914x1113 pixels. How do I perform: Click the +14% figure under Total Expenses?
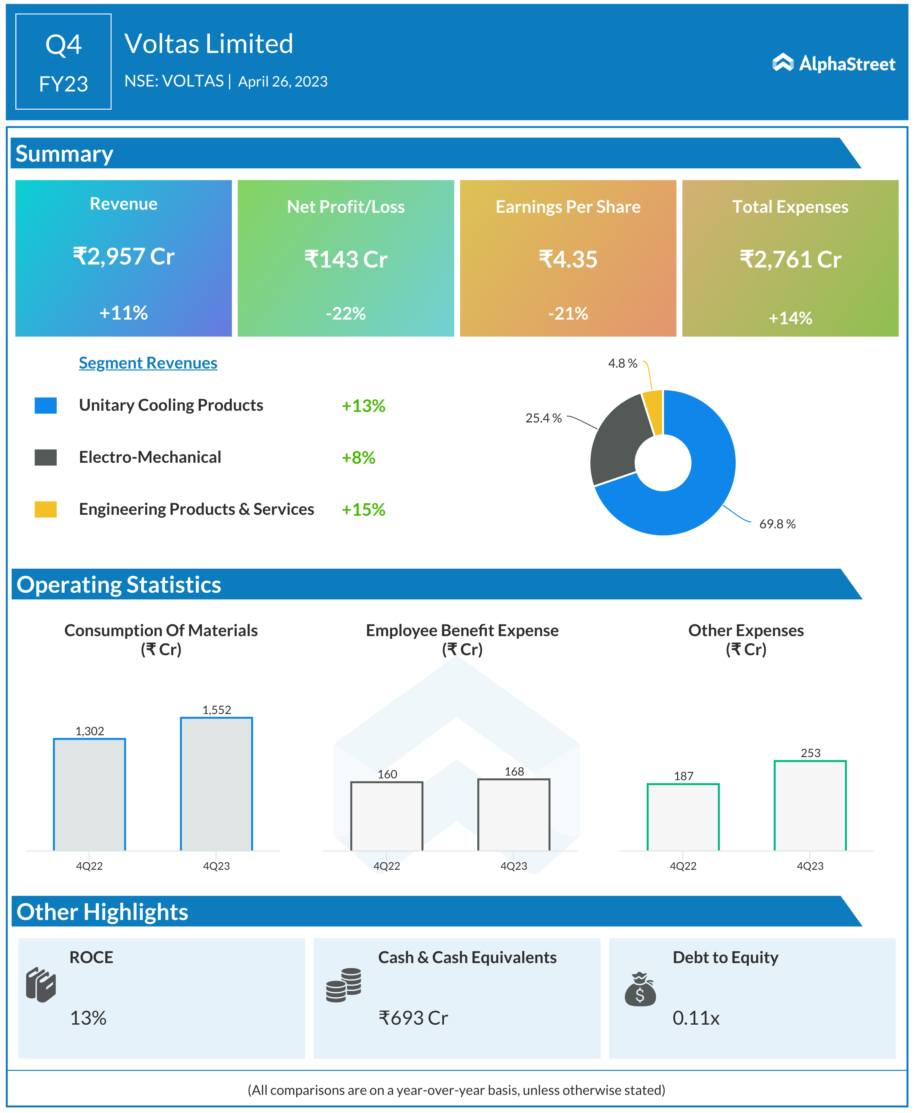(x=790, y=318)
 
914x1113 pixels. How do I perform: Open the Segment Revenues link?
(x=148, y=363)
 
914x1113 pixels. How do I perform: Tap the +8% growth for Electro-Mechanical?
(x=358, y=457)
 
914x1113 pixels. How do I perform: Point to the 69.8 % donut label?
(x=777, y=524)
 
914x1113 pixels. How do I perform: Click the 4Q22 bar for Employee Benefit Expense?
(x=386, y=816)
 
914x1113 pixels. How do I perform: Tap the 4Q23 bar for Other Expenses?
(x=810, y=805)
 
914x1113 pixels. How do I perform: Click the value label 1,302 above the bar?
(x=90, y=731)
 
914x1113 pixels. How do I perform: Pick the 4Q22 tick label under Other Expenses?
(x=683, y=866)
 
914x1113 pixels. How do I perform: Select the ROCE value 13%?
(x=88, y=1018)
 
